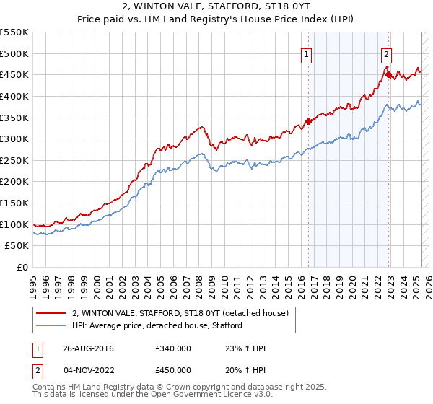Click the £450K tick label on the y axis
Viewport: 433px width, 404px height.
tap(14, 74)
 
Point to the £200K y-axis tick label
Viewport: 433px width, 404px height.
tap(14, 181)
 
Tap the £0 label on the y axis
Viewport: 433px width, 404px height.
tap(23, 267)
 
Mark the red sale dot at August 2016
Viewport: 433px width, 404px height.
tap(308, 121)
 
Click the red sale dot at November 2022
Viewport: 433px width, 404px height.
tap(388, 74)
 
